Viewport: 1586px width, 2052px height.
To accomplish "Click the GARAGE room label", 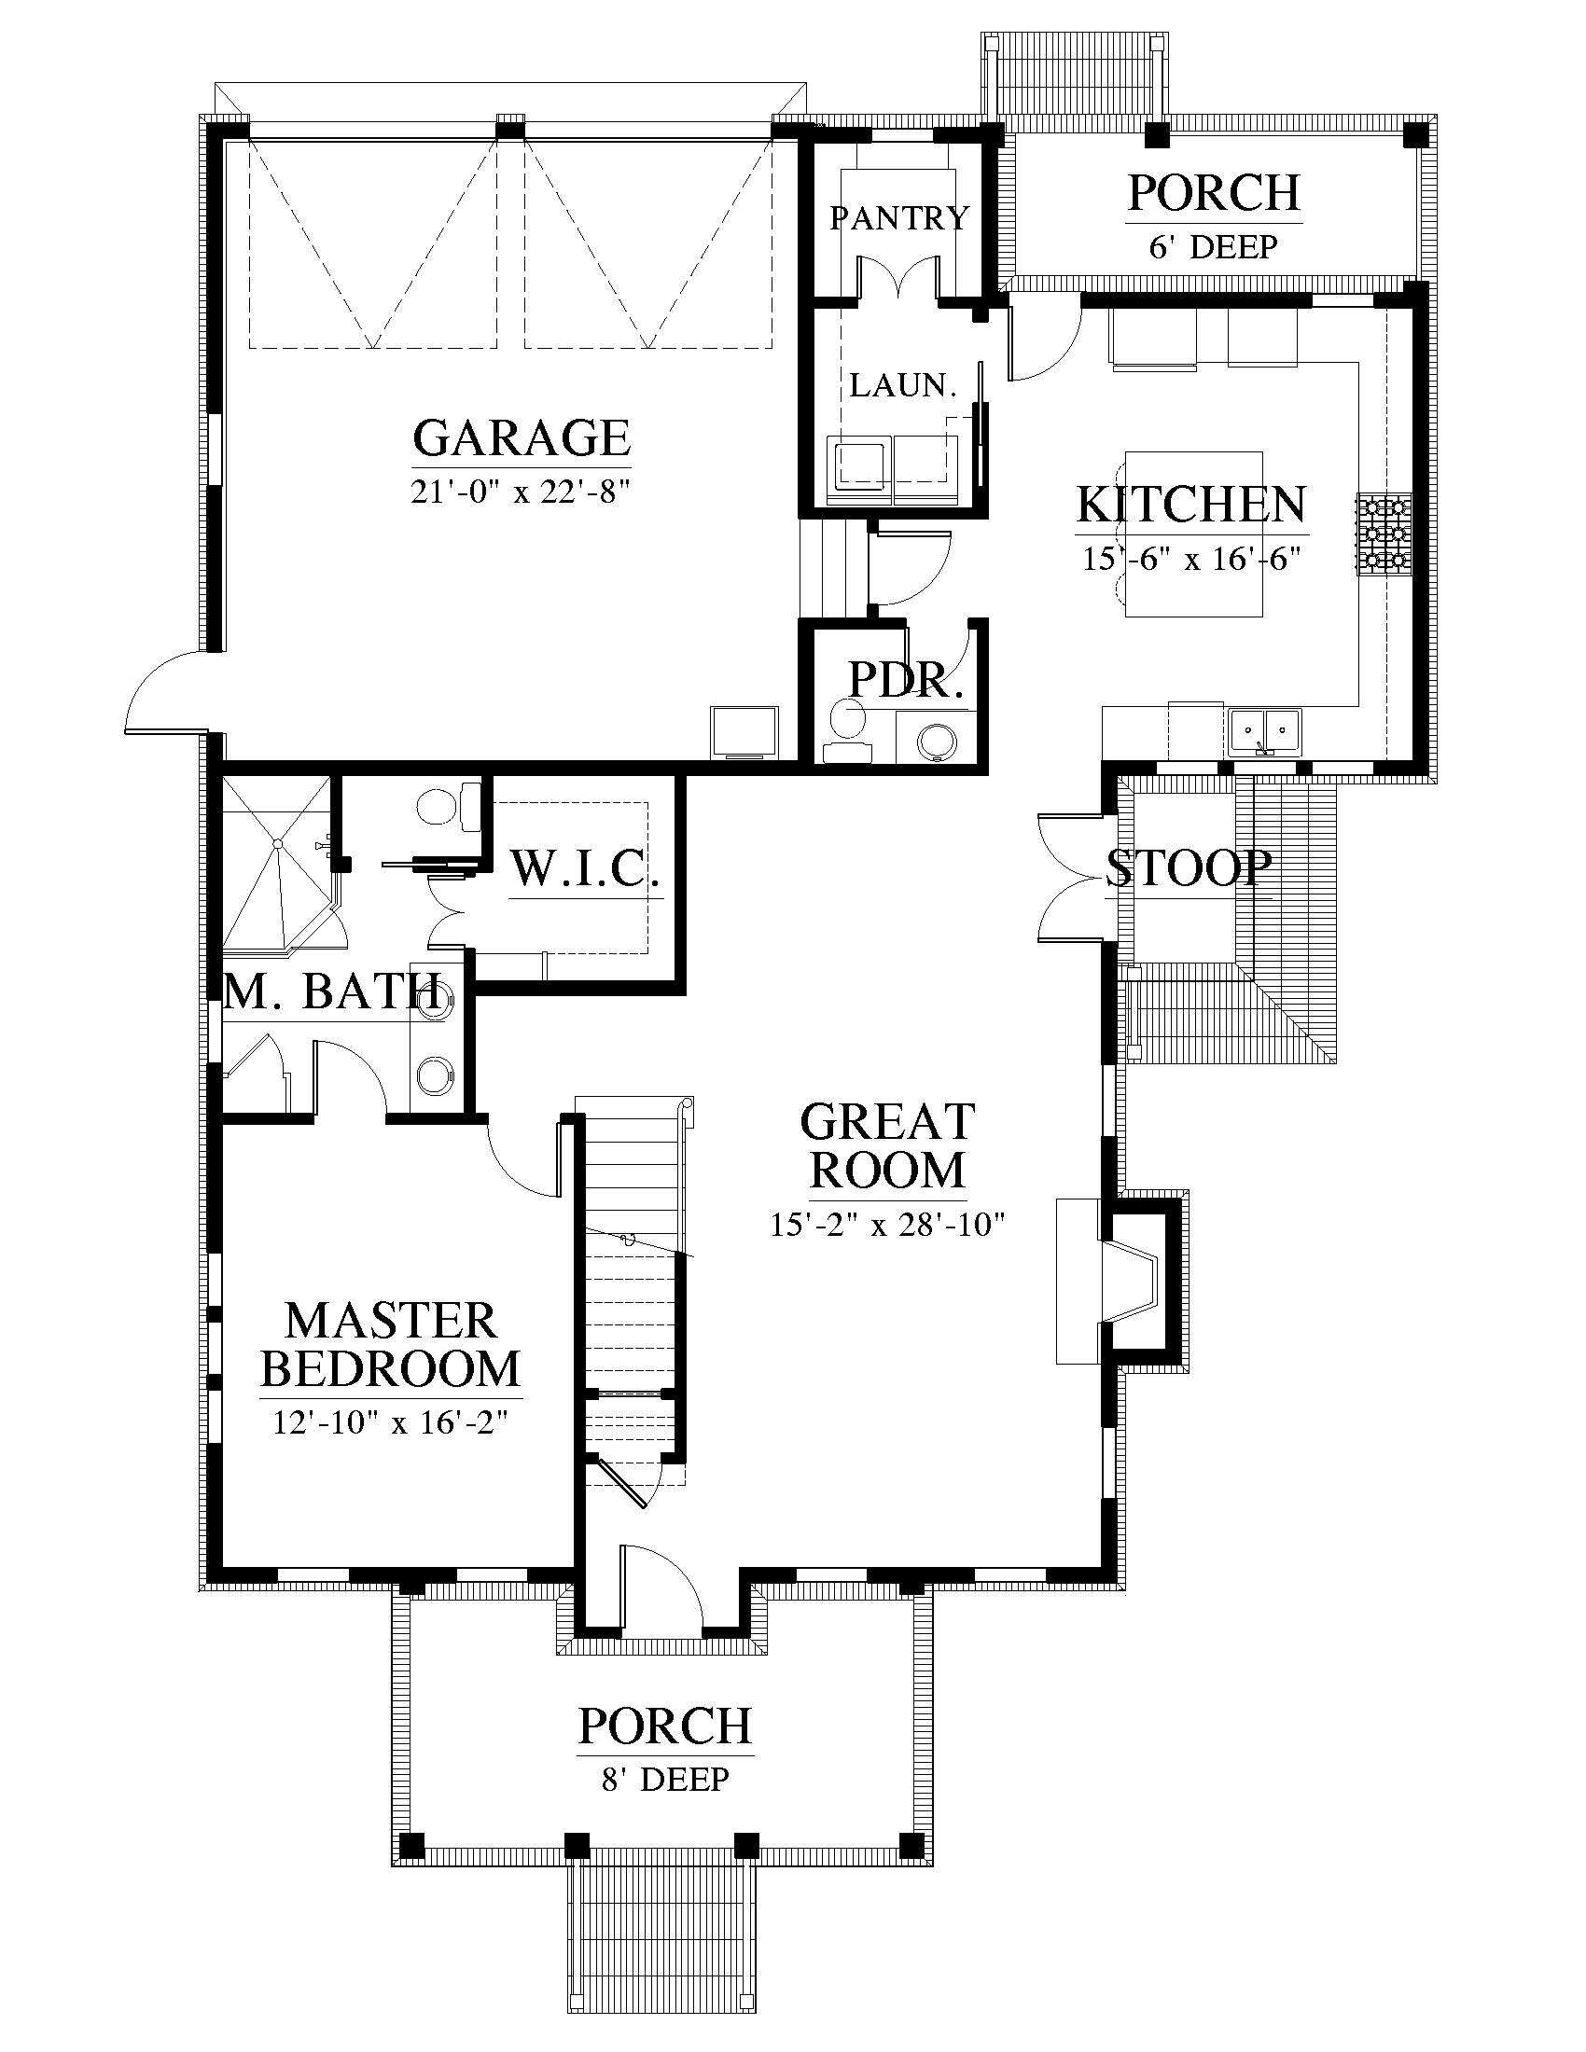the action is (522, 437).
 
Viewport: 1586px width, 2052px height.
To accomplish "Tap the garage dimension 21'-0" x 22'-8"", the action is (520, 491).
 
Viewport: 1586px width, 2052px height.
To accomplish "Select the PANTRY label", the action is (899, 218).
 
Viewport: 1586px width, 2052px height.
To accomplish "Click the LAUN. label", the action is (903, 384).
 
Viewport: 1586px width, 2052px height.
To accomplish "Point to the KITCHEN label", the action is (1191, 505).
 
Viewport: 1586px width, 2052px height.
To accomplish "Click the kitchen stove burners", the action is (1383, 534).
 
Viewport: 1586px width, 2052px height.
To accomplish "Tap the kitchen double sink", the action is (1264, 731).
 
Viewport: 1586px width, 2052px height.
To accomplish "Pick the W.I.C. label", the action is (585, 868).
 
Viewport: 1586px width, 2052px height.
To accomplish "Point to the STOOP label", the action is (1189, 868).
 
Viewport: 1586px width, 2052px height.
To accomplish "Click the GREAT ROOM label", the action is (888, 1146).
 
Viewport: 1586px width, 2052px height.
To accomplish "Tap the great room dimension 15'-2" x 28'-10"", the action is (888, 1225).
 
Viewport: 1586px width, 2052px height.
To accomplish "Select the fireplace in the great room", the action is (1117, 1281).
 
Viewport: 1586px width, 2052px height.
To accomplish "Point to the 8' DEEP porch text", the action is (665, 1779).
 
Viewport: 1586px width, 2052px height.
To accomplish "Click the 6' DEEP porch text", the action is (1213, 247).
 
